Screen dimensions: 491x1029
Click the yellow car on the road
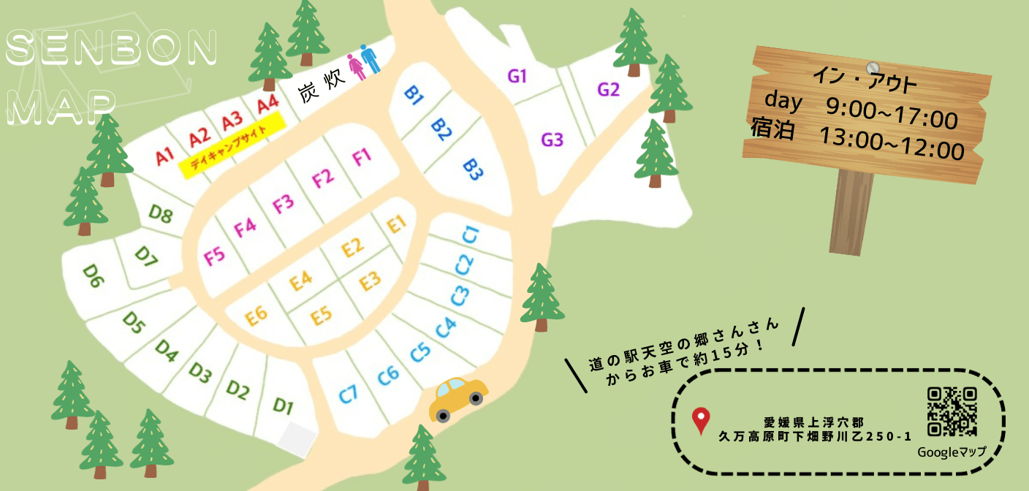tap(458, 398)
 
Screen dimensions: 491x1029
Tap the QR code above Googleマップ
tap(952, 412)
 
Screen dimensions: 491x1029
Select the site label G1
tap(517, 76)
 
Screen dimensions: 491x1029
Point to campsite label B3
tap(474, 170)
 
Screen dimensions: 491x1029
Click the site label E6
tap(257, 315)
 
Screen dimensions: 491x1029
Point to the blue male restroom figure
tap(371, 58)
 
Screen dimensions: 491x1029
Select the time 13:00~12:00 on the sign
tap(892, 148)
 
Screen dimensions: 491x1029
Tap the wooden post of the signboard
tap(850, 213)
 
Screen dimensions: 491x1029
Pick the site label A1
tap(164, 155)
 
